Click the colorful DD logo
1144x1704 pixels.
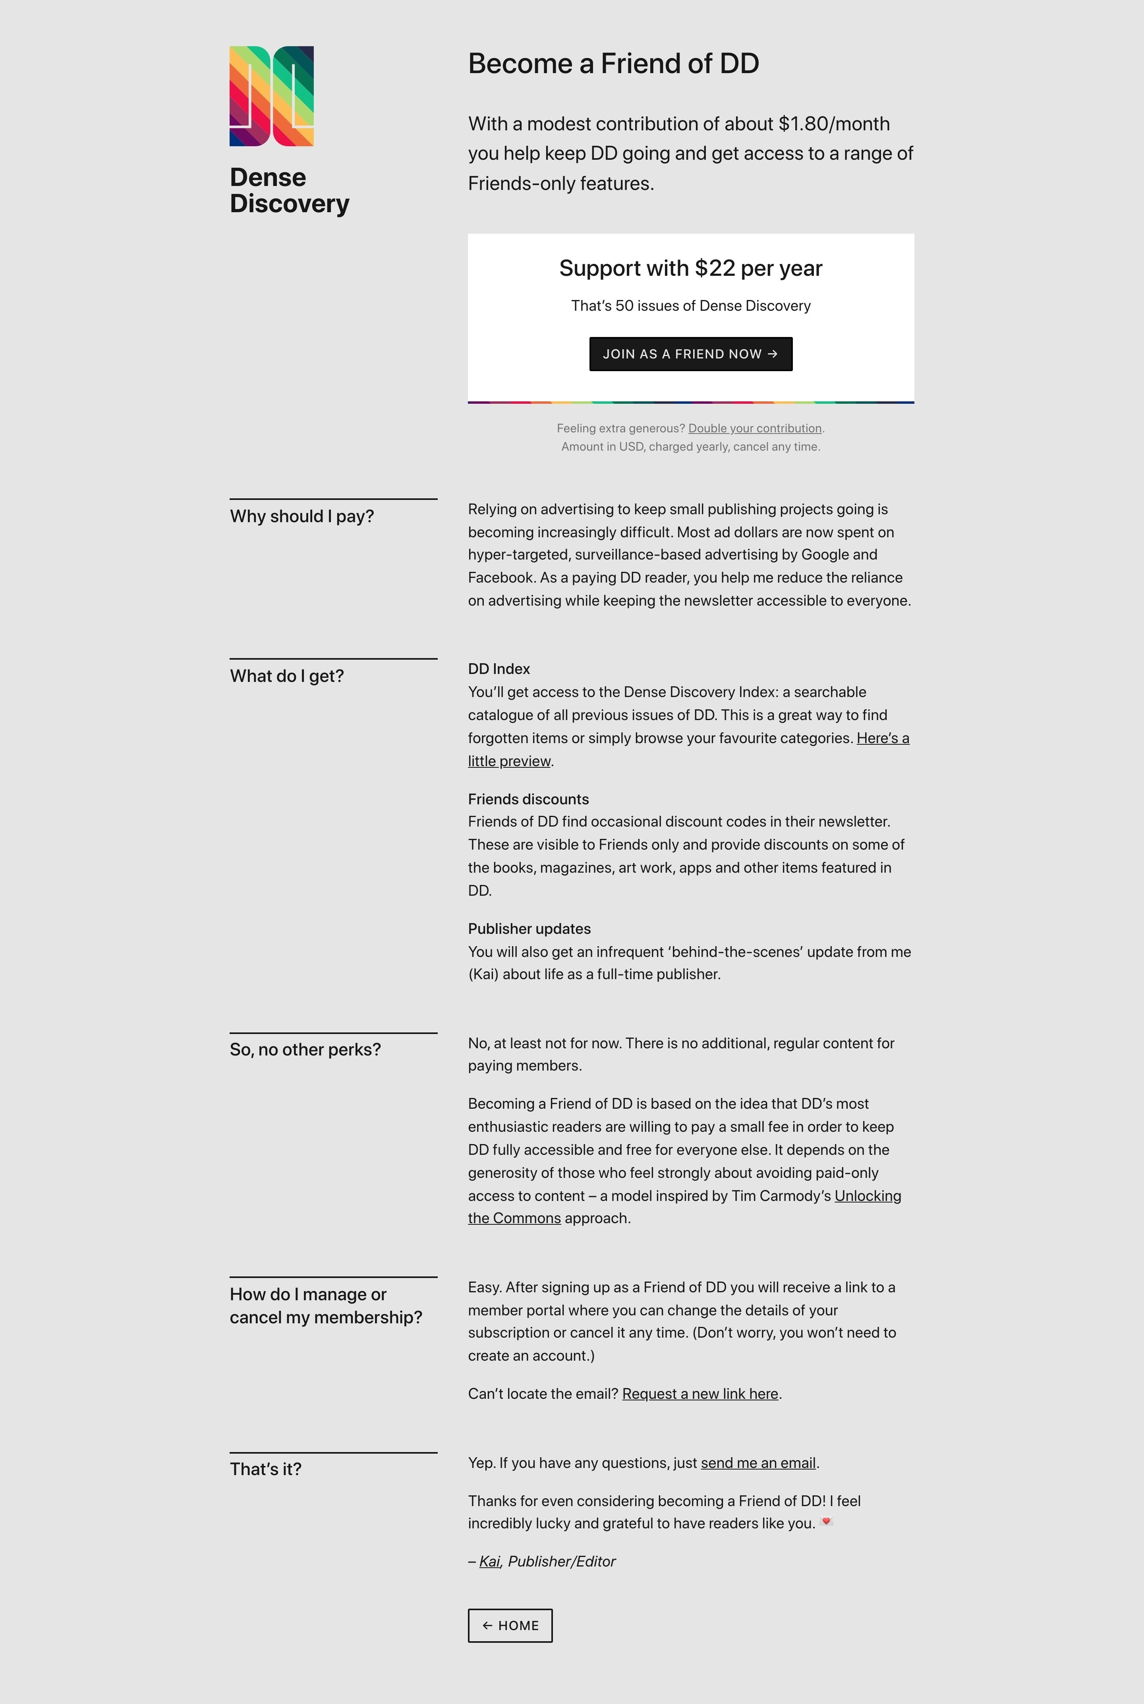click(271, 96)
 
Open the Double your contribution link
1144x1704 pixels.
click(754, 428)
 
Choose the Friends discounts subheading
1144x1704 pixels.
click(528, 799)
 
